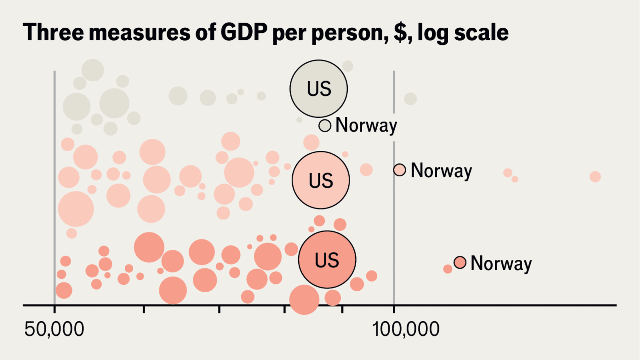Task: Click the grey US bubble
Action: (319, 88)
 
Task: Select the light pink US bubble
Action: (320, 180)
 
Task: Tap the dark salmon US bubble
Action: (327, 259)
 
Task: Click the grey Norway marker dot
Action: (325, 125)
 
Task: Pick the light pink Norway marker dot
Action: (399, 170)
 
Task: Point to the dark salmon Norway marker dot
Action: (460, 262)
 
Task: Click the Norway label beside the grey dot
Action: (366, 125)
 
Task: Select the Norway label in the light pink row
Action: (441, 171)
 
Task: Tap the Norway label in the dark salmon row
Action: (501, 263)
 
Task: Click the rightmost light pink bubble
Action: (595, 177)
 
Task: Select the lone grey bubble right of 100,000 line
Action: (410, 99)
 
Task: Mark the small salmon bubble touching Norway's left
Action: (448, 269)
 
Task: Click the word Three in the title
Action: (49, 33)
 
